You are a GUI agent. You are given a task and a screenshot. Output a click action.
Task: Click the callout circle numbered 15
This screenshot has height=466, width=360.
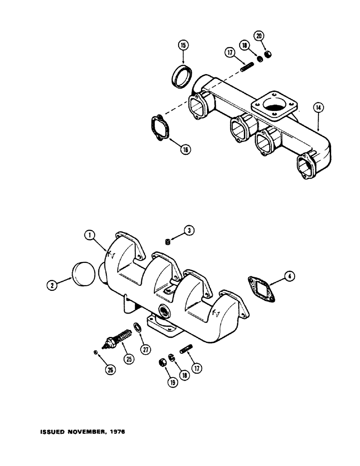(183, 45)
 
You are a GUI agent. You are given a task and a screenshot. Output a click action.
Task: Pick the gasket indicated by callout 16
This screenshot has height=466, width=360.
(159, 127)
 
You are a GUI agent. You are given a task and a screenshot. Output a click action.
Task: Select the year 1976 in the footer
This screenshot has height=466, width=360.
(115, 432)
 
